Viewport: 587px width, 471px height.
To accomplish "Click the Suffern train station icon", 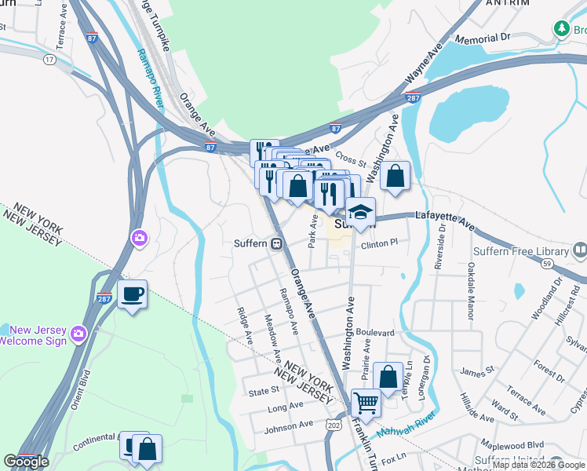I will point(276,243).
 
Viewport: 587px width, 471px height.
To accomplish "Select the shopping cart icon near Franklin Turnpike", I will point(365,403).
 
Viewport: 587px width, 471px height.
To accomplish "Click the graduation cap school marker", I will point(360,212).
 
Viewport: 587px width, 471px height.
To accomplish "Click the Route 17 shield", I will point(49,59).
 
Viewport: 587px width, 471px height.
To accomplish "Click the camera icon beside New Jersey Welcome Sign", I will point(78,334).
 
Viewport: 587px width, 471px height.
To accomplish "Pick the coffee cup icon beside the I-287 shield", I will point(132,294).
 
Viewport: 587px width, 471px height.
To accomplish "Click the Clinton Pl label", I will point(380,244).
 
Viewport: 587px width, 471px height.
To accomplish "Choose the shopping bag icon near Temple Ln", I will point(388,376).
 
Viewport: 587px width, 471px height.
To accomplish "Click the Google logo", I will point(27,462).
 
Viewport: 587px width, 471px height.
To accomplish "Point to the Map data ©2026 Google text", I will point(538,465).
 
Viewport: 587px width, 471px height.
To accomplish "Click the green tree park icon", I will point(561,28).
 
